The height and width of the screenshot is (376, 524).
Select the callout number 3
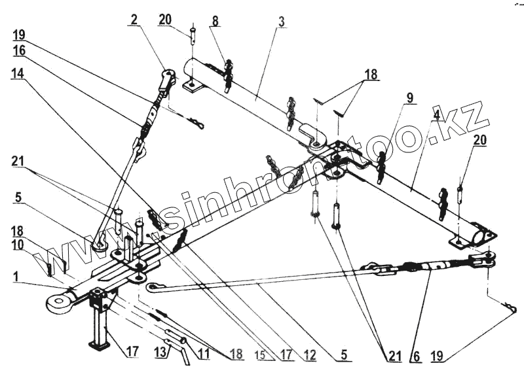pos(280,21)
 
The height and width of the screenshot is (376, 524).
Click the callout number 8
pos(215,20)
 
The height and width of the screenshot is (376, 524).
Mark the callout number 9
pos(409,99)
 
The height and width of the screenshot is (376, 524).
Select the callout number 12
pos(309,355)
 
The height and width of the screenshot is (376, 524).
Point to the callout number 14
pos(18,75)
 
